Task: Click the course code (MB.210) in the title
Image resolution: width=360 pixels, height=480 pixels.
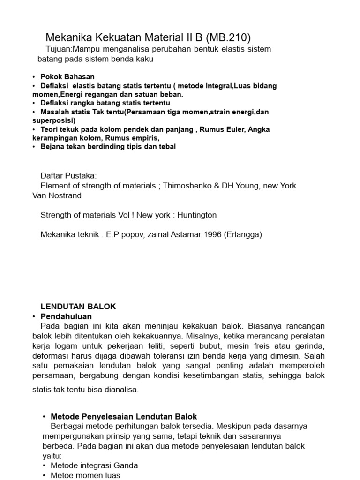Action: (225, 37)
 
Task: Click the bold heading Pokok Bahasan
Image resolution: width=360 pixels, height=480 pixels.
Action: (67, 77)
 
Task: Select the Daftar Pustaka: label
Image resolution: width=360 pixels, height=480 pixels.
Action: (68, 175)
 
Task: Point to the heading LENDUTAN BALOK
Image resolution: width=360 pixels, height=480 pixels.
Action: (78, 307)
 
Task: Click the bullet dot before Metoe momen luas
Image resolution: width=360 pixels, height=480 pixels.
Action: (44, 475)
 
